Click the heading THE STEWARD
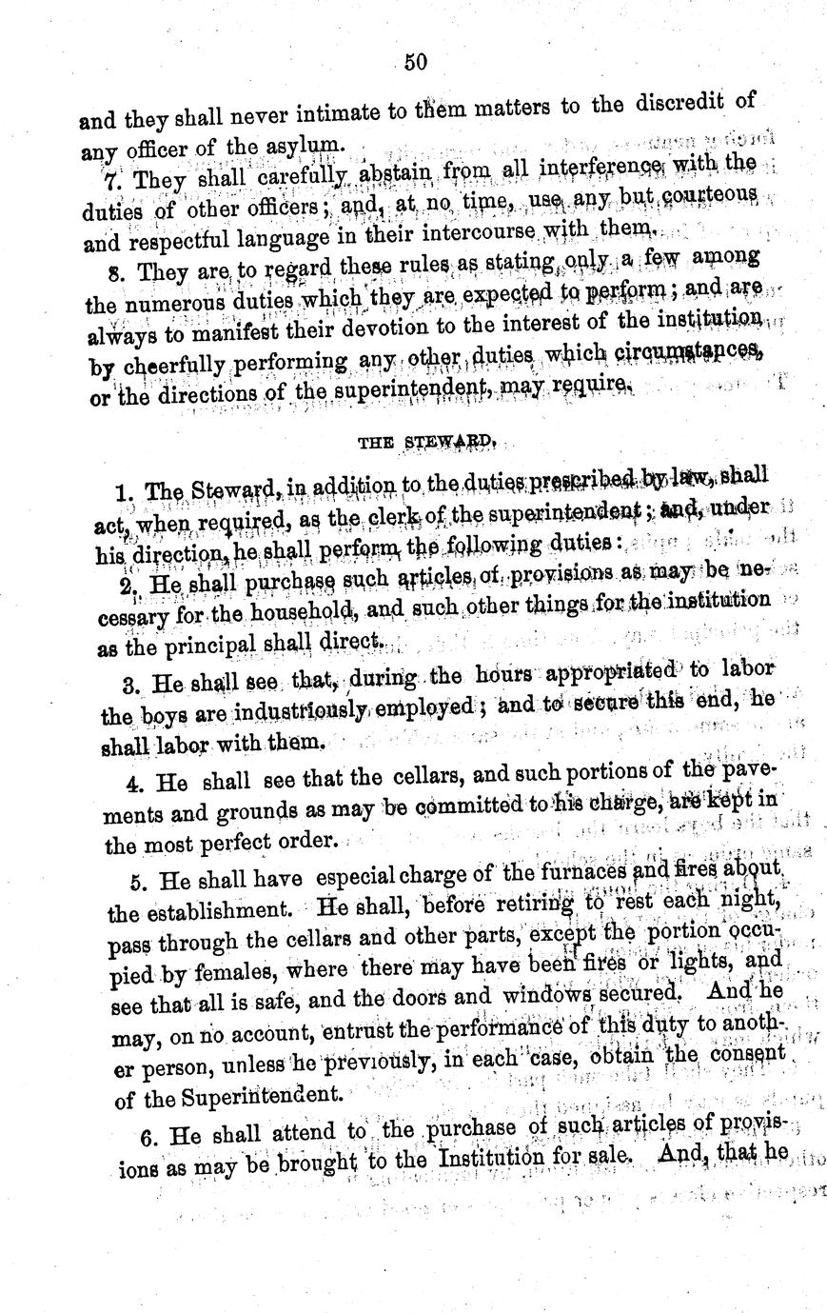(x=425, y=442)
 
